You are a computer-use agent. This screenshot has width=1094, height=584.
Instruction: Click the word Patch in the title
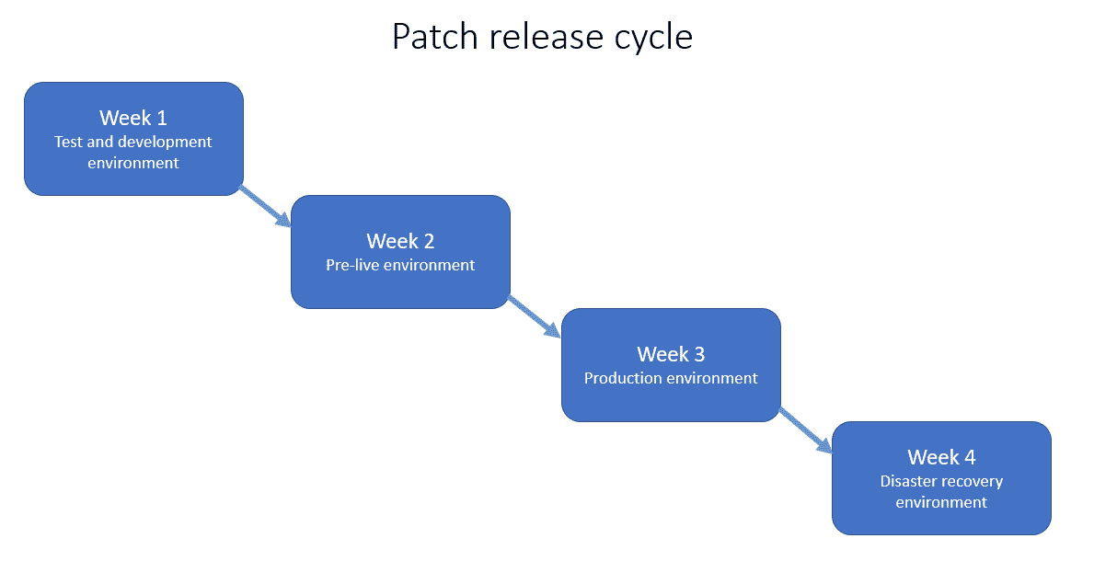[435, 37]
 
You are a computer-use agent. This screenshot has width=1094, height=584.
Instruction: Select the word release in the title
[546, 37]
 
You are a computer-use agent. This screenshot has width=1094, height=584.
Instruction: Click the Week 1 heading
[133, 118]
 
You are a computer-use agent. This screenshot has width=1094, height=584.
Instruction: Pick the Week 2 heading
[400, 241]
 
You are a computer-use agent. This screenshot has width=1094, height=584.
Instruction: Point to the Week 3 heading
[671, 354]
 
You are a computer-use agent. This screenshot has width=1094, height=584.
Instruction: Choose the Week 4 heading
[941, 457]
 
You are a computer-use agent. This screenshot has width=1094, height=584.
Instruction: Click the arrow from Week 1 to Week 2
[266, 206]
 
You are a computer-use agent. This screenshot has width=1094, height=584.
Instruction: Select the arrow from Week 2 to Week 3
[535, 318]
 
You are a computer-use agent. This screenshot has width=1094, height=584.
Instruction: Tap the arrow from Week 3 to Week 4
[806, 430]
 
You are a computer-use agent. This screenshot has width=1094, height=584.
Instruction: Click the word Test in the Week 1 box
[68, 142]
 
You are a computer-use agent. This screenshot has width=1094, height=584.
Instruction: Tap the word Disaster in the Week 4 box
[908, 481]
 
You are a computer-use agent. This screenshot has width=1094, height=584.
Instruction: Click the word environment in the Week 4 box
[941, 502]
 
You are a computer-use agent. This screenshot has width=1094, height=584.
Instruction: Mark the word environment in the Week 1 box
[133, 163]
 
